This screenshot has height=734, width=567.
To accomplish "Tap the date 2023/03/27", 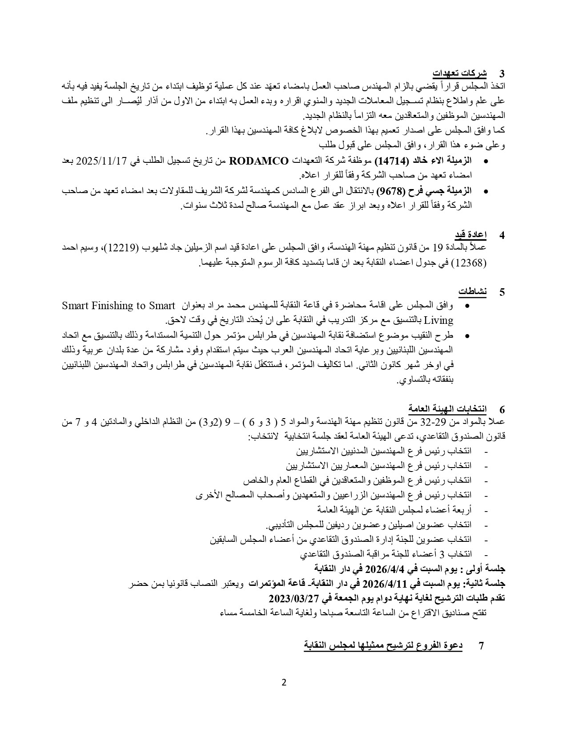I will (x=295, y=598).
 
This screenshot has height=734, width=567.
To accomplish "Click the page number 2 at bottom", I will (x=284, y=683).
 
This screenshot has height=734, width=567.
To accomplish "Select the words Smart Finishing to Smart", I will (x=118, y=306).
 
